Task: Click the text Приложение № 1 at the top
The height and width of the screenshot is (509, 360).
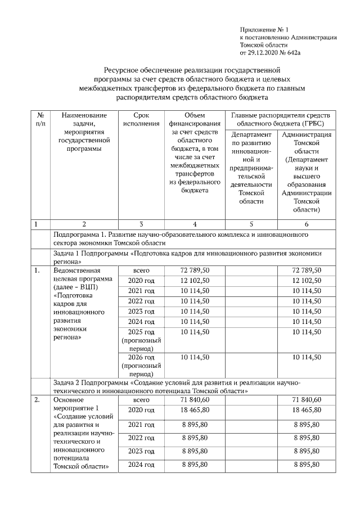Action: coord(264,28)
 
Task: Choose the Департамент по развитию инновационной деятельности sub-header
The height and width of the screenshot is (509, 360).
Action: coord(251,168)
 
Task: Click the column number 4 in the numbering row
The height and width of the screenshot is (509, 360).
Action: coord(195,224)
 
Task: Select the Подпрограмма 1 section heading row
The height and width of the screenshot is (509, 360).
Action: coord(180,238)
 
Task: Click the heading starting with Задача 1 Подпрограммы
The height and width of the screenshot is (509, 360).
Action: coord(186,257)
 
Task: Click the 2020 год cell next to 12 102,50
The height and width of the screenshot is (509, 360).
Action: coord(141,281)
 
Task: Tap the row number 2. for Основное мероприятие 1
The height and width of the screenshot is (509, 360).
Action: coord(37,400)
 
